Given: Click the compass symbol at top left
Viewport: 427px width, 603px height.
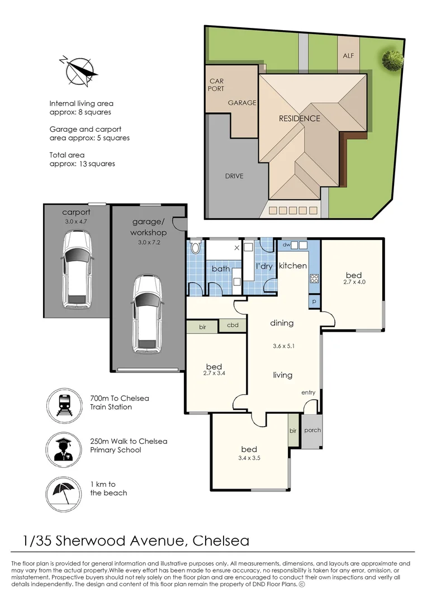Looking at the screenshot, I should (78, 72).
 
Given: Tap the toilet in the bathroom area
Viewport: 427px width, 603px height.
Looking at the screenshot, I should (196, 248).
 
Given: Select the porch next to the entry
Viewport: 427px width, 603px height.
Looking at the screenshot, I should (312, 430).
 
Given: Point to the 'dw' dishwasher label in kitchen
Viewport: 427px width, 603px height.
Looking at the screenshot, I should (286, 245).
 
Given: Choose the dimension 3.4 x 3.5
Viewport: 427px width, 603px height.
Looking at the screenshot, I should (249, 459).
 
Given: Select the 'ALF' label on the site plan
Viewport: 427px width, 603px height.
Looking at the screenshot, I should (348, 56).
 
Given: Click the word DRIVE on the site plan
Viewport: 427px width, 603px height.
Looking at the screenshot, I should (234, 176).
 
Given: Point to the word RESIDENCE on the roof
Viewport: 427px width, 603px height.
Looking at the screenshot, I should (300, 118).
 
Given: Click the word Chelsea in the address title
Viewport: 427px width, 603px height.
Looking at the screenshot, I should (221, 541).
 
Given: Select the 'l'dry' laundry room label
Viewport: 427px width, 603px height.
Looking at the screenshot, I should (264, 266).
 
